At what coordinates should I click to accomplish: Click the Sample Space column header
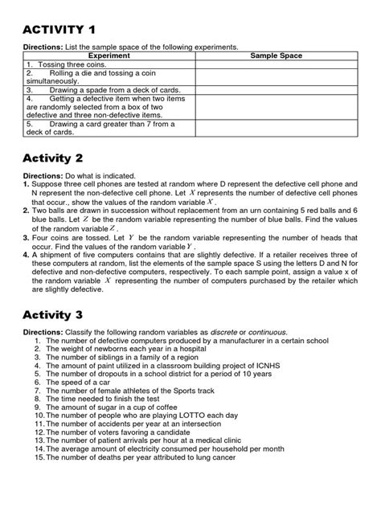(276, 56)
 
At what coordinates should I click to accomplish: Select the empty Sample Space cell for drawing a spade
(276, 90)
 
